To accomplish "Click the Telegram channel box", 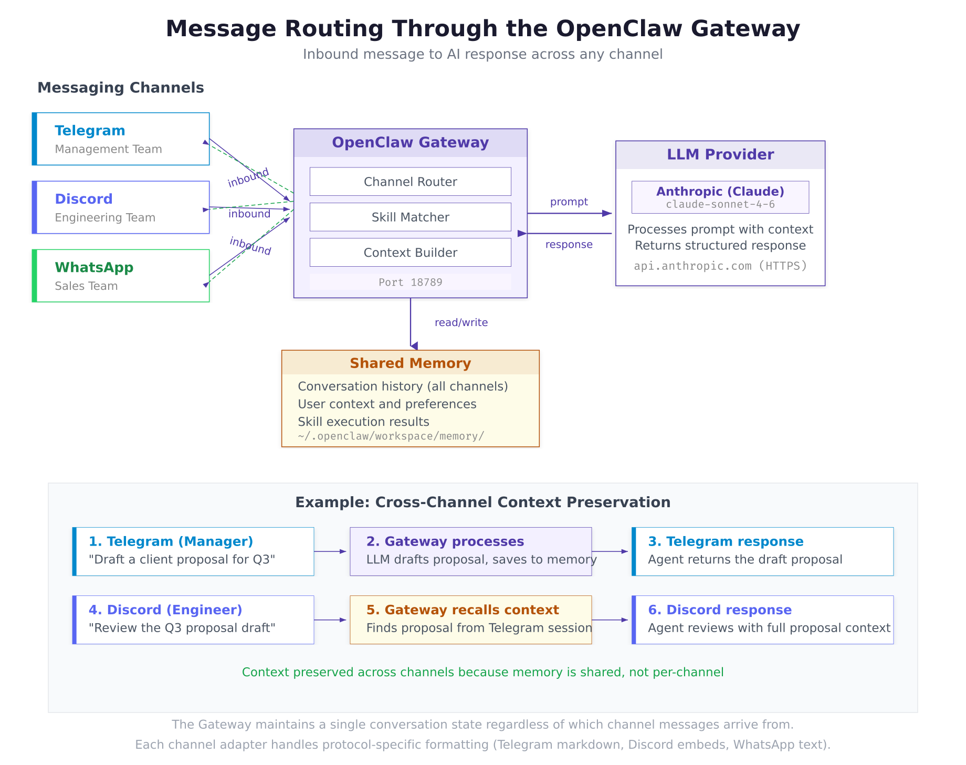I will [x=121, y=139].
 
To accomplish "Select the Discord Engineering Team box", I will [x=121, y=207].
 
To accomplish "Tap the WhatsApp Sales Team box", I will [x=121, y=276].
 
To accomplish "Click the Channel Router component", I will [x=410, y=182].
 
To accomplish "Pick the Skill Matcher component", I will [x=410, y=217].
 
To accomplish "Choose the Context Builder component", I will [x=410, y=253].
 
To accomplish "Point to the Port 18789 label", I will [x=410, y=282].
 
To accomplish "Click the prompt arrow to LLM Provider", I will [x=570, y=213].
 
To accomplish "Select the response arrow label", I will [x=569, y=245].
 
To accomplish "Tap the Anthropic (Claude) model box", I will [x=720, y=197].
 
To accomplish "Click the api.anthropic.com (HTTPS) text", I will [x=720, y=266].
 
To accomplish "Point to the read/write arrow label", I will [x=461, y=322].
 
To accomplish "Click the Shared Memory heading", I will [x=410, y=363].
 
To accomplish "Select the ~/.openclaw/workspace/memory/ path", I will [x=391, y=436].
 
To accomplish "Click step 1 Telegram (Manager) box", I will [x=193, y=551].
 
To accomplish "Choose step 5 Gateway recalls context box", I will [x=470, y=620].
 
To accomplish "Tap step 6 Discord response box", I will [x=762, y=620].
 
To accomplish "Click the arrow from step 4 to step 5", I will [x=331, y=620].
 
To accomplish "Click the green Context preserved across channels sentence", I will [x=482, y=672].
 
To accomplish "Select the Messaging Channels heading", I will [x=120, y=88].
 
